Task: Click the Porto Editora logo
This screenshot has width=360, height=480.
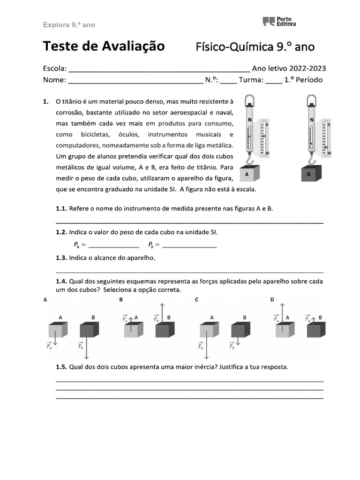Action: (x=279, y=21)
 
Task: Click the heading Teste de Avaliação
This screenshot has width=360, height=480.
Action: (x=104, y=46)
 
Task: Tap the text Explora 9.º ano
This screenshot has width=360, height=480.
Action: (x=69, y=25)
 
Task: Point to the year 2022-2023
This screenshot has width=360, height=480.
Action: (x=308, y=68)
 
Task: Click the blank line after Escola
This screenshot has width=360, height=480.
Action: (x=159, y=69)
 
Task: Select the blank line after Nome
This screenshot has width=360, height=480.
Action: (x=135, y=81)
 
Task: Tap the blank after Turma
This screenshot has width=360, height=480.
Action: (x=273, y=81)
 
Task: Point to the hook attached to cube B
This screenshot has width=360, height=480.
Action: (x=311, y=160)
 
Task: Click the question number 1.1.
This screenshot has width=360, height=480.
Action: (x=61, y=208)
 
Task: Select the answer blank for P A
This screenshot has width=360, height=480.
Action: (x=113, y=245)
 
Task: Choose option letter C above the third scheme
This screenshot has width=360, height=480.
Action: (x=196, y=299)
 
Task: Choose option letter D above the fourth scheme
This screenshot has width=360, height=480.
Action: (x=272, y=299)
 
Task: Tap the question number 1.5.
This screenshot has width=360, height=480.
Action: (x=61, y=367)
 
